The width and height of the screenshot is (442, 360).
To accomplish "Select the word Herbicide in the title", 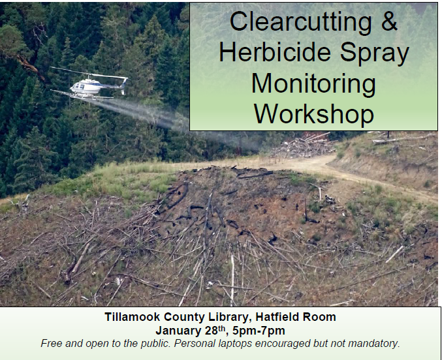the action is tap(275, 52).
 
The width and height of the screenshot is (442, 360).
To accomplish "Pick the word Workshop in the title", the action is tap(314, 113).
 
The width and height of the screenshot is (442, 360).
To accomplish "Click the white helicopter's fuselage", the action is tap(86, 86).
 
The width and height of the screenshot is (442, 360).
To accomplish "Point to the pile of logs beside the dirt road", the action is tap(303, 145).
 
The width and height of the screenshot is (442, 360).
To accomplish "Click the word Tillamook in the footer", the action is tap(133, 317).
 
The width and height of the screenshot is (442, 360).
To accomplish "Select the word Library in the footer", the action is tap(229, 318).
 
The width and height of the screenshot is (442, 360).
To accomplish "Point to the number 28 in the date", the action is tap(212, 331).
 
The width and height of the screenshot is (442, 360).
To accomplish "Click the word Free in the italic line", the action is tap(52, 344).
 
